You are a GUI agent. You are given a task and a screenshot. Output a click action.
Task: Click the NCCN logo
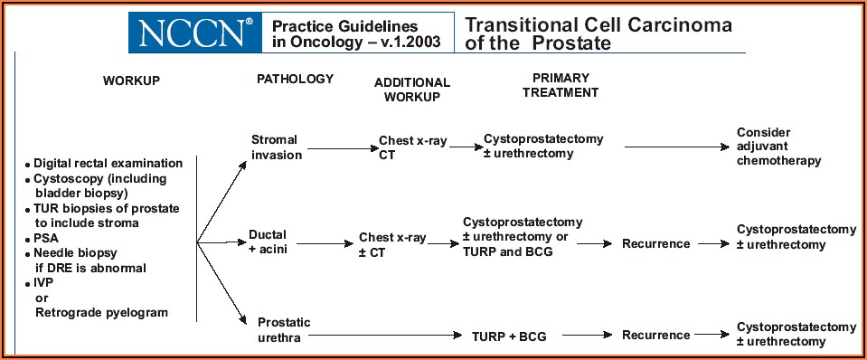click(x=195, y=33)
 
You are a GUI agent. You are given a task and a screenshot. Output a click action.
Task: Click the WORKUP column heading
click(x=132, y=81)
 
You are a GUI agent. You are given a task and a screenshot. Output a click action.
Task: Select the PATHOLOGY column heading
click(x=296, y=79)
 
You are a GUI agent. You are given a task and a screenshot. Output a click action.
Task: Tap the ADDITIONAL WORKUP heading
click(x=412, y=90)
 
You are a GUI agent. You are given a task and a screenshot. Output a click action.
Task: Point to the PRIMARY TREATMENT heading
click(x=561, y=85)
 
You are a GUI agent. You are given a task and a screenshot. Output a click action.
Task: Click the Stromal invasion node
click(x=274, y=147)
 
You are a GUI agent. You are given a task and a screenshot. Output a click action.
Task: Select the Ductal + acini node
click(x=268, y=242)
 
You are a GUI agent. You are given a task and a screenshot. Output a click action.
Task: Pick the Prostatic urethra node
click(x=284, y=329)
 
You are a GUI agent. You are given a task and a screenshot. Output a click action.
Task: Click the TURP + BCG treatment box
click(x=509, y=336)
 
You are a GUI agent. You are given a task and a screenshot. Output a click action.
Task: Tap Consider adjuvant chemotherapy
click(x=778, y=147)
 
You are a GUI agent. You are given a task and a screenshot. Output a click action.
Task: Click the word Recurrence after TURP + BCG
click(x=655, y=335)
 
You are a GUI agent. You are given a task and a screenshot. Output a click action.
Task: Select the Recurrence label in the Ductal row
click(x=655, y=243)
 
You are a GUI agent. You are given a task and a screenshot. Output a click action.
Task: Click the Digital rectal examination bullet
click(x=104, y=164)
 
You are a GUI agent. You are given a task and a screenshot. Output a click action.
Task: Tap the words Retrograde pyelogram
click(x=101, y=312)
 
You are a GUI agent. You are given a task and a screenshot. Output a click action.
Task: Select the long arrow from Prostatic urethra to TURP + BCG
click(x=390, y=335)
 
